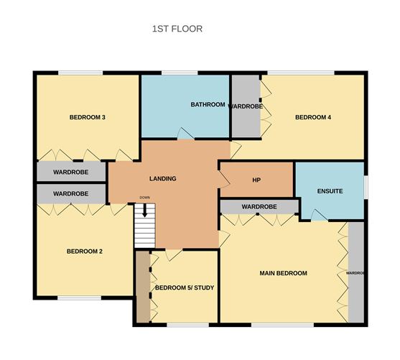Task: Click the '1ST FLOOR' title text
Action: pyautogui.click(x=177, y=29)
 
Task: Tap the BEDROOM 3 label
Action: pyautogui.click(x=88, y=117)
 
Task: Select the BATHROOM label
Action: pyautogui.click(x=208, y=105)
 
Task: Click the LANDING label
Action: pyautogui.click(x=162, y=178)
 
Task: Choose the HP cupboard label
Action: pyautogui.click(x=256, y=180)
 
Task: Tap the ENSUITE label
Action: pyautogui.click(x=330, y=191)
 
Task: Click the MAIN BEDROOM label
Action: pyautogui.click(x=283, y=273)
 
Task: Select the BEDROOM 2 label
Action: pyautogui.click(x=85, y=251)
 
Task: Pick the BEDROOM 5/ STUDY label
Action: pyautogui.click(x=185, y=287)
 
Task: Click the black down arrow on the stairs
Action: pyautogui.click(x=145, y=210)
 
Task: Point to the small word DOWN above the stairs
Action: pyautogui.click(x=144, y=198)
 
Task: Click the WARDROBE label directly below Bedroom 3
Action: pyautogui.click(x=70, y=172)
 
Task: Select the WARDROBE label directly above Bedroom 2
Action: pyautogui.click(x=70, y=194)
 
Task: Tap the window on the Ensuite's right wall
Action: pyautogui.click(x=366, y=185)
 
